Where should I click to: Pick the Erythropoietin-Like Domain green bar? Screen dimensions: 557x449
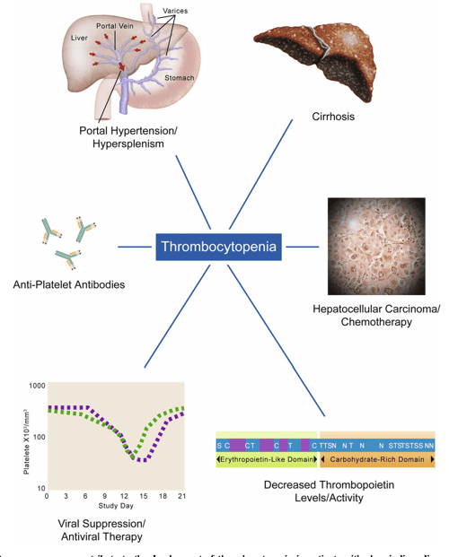266,460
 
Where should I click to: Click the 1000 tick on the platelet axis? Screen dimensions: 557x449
36,385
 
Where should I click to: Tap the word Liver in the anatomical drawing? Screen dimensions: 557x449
80,39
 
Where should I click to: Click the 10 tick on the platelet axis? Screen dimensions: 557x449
40,487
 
